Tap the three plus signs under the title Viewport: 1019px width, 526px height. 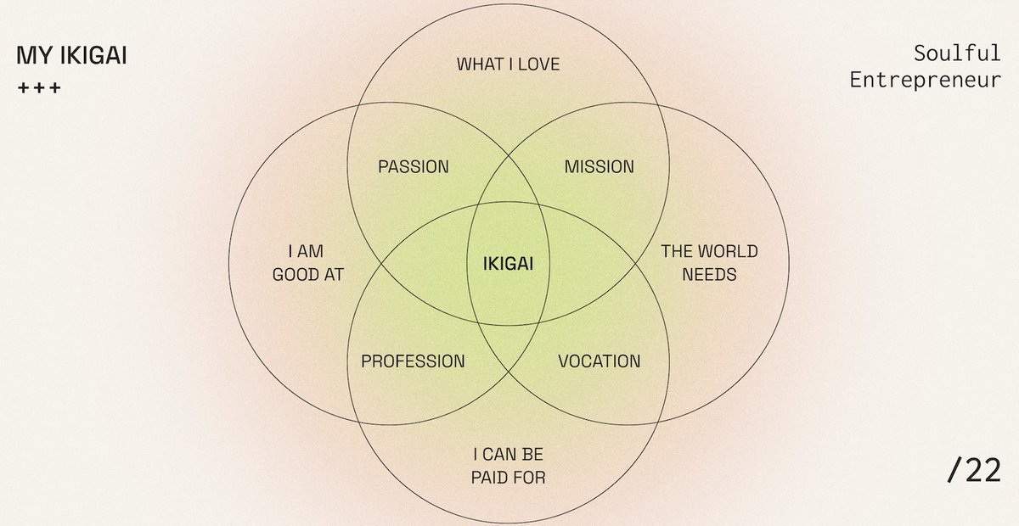(39, 88)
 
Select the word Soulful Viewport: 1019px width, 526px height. (957, 54)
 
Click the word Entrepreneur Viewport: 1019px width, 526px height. (925, 81)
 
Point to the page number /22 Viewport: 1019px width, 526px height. (974, 470)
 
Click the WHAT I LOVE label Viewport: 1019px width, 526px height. (508, 64)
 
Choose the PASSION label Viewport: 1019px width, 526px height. (413, 166)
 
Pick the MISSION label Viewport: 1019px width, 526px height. (599, 166)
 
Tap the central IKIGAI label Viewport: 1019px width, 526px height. (508, 263)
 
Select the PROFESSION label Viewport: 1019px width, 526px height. (413, 361)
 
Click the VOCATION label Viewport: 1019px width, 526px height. (599, 361)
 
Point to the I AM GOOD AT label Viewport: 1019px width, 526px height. (307, 263)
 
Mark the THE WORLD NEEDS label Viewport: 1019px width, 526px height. (709, 263)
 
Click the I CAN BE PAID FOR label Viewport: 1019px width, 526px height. (508, 465)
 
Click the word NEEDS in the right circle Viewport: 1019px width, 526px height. (709, 275)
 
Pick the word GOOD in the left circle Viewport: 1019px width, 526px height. (296, 275)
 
